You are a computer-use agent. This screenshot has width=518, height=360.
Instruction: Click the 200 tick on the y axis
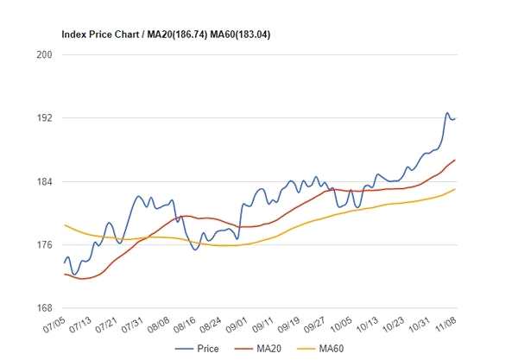[x=44, y=54]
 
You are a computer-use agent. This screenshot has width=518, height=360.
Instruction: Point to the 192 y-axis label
[x=44, y=118]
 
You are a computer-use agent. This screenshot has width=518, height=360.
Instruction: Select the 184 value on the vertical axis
[x=44, y=181]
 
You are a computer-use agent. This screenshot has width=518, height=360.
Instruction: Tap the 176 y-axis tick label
[x=44, y=245]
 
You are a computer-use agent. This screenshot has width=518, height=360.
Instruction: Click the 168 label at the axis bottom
[x=44, y=308]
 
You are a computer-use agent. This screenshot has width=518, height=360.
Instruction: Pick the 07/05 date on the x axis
[x=53, y=325]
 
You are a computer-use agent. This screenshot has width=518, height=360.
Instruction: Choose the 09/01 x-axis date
[x=238, y=325]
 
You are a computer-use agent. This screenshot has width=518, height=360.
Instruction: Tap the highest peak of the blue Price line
[x=447, y=113]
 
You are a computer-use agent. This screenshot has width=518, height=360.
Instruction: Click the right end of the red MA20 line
[x=456, y=160]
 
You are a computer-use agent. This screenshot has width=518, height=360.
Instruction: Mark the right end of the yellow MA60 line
[x=456, y=189]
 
